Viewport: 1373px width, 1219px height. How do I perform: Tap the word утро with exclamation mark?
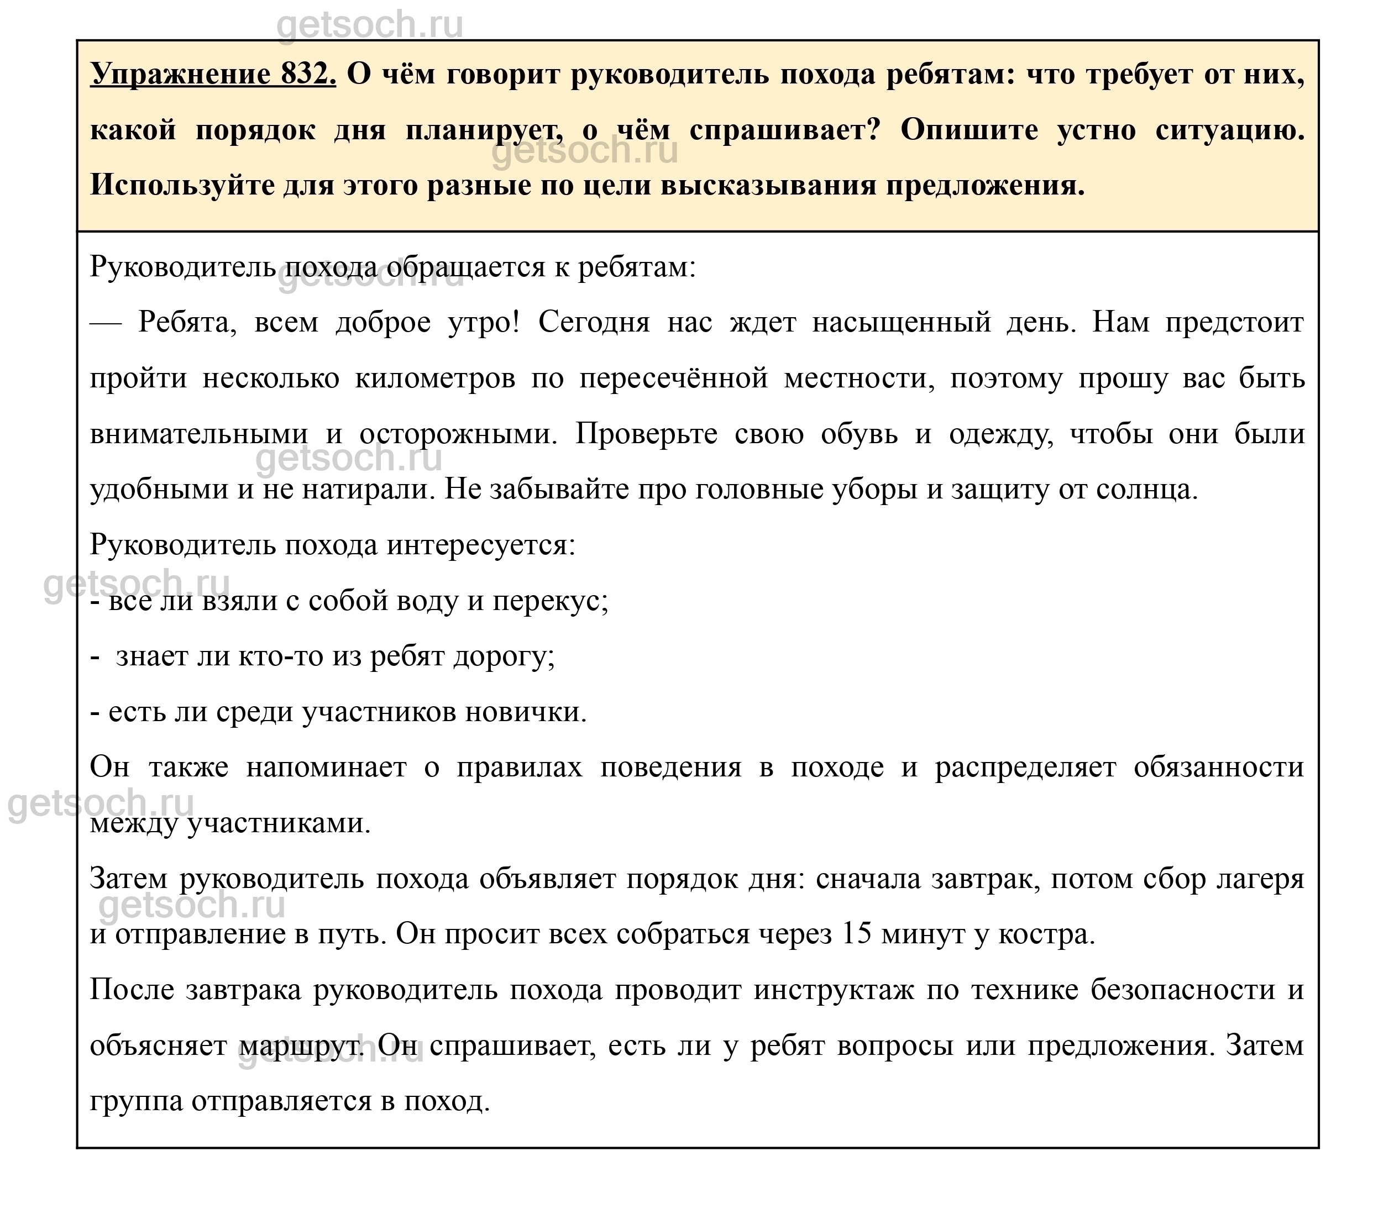coord(483,322)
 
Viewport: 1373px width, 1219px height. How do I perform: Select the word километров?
coord(434,378)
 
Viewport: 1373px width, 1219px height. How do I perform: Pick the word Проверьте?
coord(646,434)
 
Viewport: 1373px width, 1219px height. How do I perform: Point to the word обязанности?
coord(1218,767)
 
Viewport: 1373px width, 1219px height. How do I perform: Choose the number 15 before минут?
coord(856,933)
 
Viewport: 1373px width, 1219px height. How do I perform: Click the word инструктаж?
coord(833,989)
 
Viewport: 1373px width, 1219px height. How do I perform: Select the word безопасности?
coord(1182,989)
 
